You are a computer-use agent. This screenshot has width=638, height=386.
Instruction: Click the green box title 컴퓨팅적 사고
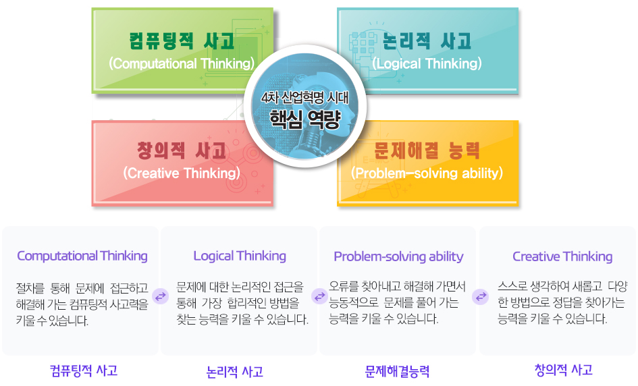click(182, 41)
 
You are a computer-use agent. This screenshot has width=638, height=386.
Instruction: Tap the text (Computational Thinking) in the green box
click(182, 63)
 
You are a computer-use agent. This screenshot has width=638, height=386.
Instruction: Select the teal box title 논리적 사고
click(427, 41)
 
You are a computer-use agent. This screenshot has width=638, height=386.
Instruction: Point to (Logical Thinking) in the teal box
click(427, 63)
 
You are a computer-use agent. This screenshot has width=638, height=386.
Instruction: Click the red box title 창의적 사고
click(182, 150)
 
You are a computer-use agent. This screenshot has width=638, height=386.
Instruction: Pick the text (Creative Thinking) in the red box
click(182, 173)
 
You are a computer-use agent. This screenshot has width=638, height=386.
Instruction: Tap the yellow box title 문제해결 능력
click(427, 150)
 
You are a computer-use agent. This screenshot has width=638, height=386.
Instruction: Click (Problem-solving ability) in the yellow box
click(427, 173)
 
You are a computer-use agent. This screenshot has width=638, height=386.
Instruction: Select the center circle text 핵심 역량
click(304, 119)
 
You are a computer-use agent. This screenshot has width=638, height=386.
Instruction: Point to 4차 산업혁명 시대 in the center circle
click(304, 98)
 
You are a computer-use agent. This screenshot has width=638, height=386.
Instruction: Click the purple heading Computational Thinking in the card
click(82, 256)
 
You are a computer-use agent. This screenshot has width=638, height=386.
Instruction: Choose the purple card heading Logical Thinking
click(240, 256)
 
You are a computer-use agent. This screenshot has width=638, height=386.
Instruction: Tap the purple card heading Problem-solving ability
click(398, 256)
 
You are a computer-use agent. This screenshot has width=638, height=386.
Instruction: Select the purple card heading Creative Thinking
click(562, 256)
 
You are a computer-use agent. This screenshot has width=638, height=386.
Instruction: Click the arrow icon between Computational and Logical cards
click(160, 296)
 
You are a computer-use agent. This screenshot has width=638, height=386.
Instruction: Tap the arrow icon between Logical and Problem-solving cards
click(319, 296)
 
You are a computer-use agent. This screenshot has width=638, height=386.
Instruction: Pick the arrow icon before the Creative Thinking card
click(481, 296)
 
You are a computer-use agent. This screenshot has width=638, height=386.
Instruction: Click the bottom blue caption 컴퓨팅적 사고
click(84, 370)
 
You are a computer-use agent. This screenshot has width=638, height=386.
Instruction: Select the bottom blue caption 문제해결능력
click(397, 371)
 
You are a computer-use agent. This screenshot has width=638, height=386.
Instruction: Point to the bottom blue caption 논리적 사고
click(235, 371)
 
